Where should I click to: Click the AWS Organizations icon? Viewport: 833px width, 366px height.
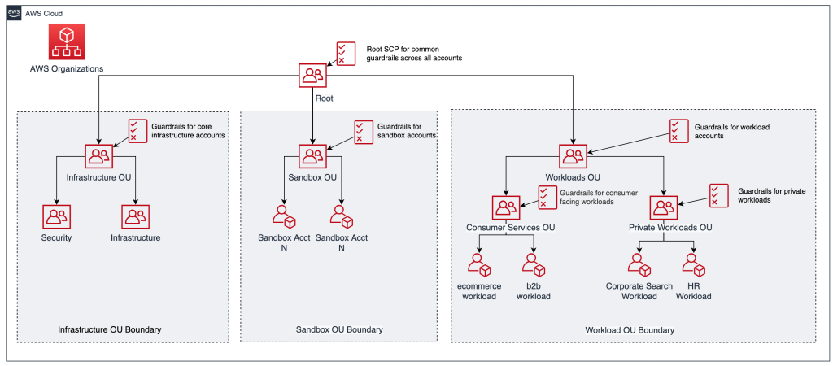pyautogui.click(x=68, y=41)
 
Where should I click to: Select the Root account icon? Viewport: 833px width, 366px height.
pyautogui.click(x=312, y=76)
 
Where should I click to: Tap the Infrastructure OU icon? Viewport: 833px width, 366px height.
pyautogui.click(x=98, y=157)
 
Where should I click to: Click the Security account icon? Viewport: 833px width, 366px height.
pyautogui.click(x=56, y=216)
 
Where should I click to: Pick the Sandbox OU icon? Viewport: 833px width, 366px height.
pyautogui.click(x=312, y=157)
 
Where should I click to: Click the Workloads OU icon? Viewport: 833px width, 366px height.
pyautogui.click(x=572, y=157)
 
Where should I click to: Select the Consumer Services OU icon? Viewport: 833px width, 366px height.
pyautogui.click(x=505, y=209)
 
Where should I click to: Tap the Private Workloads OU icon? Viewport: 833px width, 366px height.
pyautogui.click(x=664, y=209)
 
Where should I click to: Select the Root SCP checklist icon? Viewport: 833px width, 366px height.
pyautogui.click(x=346, y=53)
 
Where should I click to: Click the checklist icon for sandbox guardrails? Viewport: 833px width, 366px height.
pyautogui.click(x=364, y=131)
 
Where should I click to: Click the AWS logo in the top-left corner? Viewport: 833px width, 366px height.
pyautogui.click(x=15, y=14)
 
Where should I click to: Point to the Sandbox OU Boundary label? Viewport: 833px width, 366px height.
pyautogui.click(x=338, y=329)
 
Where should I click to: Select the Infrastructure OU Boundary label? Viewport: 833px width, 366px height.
pyautogui.click(x=109, y=329)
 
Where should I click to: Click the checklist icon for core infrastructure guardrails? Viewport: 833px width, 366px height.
pyautogui.click(x=137, y=131)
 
